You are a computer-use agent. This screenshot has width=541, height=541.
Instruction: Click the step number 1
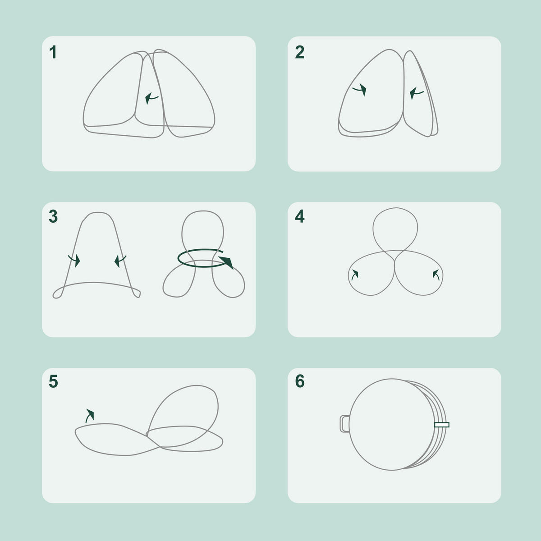53,52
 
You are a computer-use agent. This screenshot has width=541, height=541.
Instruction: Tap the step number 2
299,52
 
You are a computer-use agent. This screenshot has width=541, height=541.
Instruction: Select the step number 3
53,216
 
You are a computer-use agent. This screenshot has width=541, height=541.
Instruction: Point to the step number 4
300,216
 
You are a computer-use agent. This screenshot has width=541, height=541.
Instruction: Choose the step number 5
53,381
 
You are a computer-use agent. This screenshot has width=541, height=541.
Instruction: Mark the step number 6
300,381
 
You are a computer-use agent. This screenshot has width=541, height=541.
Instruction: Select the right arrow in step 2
416,93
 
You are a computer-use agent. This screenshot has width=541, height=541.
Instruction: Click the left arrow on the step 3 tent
75,261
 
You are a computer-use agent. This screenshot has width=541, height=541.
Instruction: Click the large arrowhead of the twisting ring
227,262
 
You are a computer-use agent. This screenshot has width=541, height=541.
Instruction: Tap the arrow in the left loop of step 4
355,275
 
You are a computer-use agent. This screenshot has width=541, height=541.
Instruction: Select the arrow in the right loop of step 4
436,275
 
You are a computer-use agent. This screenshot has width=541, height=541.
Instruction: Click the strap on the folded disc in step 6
442,425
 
